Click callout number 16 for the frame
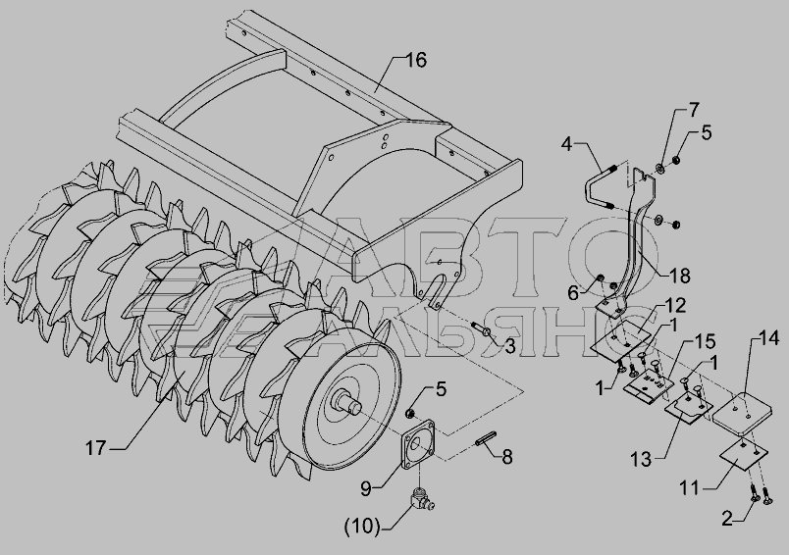click(x=415, y=61)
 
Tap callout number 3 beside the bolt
click(x=509, y=347)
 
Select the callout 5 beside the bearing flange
click(x=442, y=389)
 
